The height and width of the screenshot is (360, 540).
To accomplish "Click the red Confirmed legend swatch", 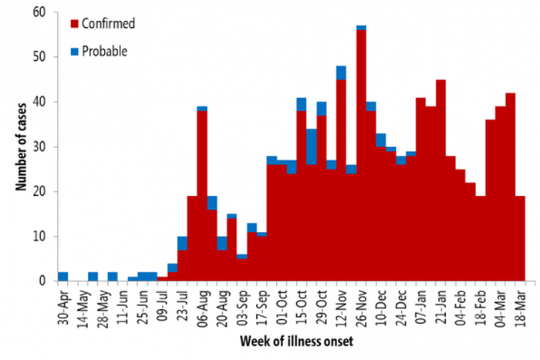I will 75,23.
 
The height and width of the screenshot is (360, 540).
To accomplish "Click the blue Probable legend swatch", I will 75,52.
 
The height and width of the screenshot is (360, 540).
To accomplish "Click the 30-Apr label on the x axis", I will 63,304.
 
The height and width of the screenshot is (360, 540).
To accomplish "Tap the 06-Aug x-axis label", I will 202,304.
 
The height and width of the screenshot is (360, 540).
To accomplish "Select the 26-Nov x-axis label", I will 361,304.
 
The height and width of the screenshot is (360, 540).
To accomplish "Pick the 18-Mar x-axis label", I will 520,304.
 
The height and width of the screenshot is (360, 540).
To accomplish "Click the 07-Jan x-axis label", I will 420,304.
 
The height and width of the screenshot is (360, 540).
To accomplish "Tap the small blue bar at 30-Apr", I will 63,276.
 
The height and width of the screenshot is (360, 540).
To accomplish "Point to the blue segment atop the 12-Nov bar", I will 341,72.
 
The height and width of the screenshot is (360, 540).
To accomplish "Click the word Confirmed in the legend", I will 111,23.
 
